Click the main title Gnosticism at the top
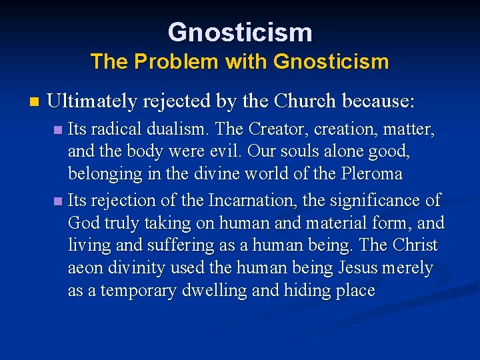pos(240,31)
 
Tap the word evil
pos(226,151)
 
